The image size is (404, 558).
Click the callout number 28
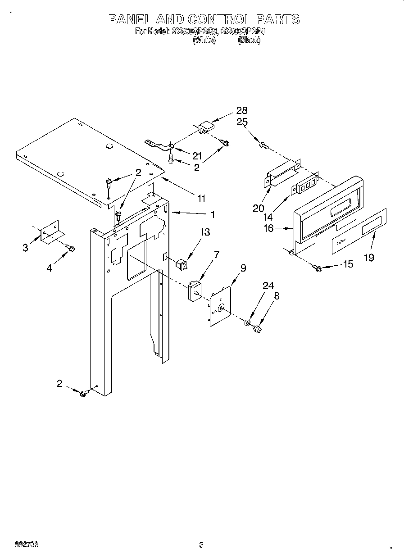coord(242,111)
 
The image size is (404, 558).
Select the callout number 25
coord(242,122)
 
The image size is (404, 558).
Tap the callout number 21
coord(196,156)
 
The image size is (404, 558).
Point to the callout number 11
coord(201,198)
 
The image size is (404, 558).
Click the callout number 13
coord(205,232)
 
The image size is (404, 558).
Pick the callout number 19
coord(369,258)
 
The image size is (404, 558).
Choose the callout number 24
coord(268,286)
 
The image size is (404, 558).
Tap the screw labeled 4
coord(70,247)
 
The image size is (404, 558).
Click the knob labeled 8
coord(258,331)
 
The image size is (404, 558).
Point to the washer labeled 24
coord(247,323)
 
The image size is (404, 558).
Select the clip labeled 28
coord(205,127)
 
